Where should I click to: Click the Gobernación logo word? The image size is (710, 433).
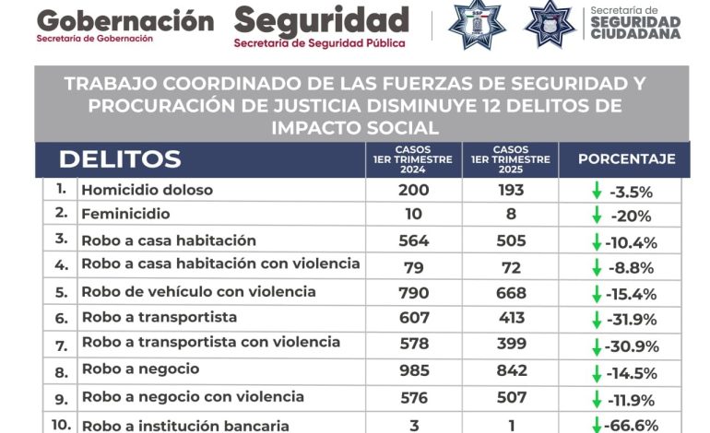pyautogui.click(x=125, y=22)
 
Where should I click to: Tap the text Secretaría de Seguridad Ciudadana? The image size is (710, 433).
pyautogui.click(x=635, y=23)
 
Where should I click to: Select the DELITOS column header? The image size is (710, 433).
pyautogui.click(x=120, y=159)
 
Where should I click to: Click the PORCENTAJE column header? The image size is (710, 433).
pyautogui.click(x=627, y=159)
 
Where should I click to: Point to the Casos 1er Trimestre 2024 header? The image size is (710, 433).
pyautogui.click(x=413, y=159)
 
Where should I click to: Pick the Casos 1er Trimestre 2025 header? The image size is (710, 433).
pyautogui.click(x=511, y=159)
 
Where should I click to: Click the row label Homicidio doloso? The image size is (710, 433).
pyautogui.click(x=148, y=190)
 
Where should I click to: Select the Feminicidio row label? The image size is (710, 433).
pyautogui.click(x=126, y=214)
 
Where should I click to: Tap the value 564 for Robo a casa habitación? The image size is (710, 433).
pyautogui.click(x=414, y=240)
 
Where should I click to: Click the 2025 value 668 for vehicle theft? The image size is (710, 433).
pyautogui.click(x=511, y=293)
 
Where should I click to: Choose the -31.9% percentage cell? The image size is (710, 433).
pyautogui.click(x=632, y=320)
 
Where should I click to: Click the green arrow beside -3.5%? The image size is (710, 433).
pyautogui.click(x=597, y=190)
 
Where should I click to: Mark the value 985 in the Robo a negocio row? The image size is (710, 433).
pyautogui.click(x=414, y=370)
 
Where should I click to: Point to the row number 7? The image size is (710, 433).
pyautogui.click(x=61, y=346)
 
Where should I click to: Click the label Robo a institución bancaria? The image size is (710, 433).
pyautogui.click(x=185, y=426)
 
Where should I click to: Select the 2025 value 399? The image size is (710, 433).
pyautogui.click(x=512, y=344)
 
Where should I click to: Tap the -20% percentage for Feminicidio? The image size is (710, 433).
pyautogui.click(x=632, y=216)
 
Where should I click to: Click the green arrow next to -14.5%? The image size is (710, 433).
pyautogui.click(x=597, y=374)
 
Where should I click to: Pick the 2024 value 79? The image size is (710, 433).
pyautogui.click(x=414, y=268)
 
